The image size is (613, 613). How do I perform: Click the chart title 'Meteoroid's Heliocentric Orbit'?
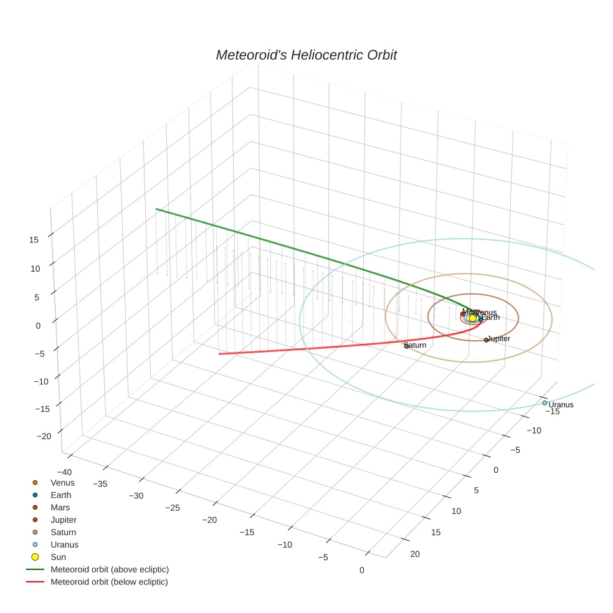(306, 55)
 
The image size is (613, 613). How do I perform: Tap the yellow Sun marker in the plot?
(472, 318)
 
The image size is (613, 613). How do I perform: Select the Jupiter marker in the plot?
(486, 340)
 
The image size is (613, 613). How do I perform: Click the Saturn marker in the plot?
(406, 346)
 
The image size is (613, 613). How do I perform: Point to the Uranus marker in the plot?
(544, 402)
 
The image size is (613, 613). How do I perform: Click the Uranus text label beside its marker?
(561, 405)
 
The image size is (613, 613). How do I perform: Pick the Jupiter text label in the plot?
(499, 338)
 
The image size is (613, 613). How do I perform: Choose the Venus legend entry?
(62, 482)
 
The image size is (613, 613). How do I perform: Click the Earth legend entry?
(61, 495)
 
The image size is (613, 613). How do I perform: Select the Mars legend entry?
(60, 507)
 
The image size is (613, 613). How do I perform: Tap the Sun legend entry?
(58, 556)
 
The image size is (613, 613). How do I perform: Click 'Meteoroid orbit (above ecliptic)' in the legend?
(110, 569)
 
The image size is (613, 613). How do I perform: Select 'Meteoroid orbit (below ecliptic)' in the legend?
(110, 581)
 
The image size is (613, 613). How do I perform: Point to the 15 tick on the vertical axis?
(34, 239)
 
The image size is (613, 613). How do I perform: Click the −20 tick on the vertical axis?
(44, 436)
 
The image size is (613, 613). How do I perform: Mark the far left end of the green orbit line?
(156, 209)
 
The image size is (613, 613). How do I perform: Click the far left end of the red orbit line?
(219, 354)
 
